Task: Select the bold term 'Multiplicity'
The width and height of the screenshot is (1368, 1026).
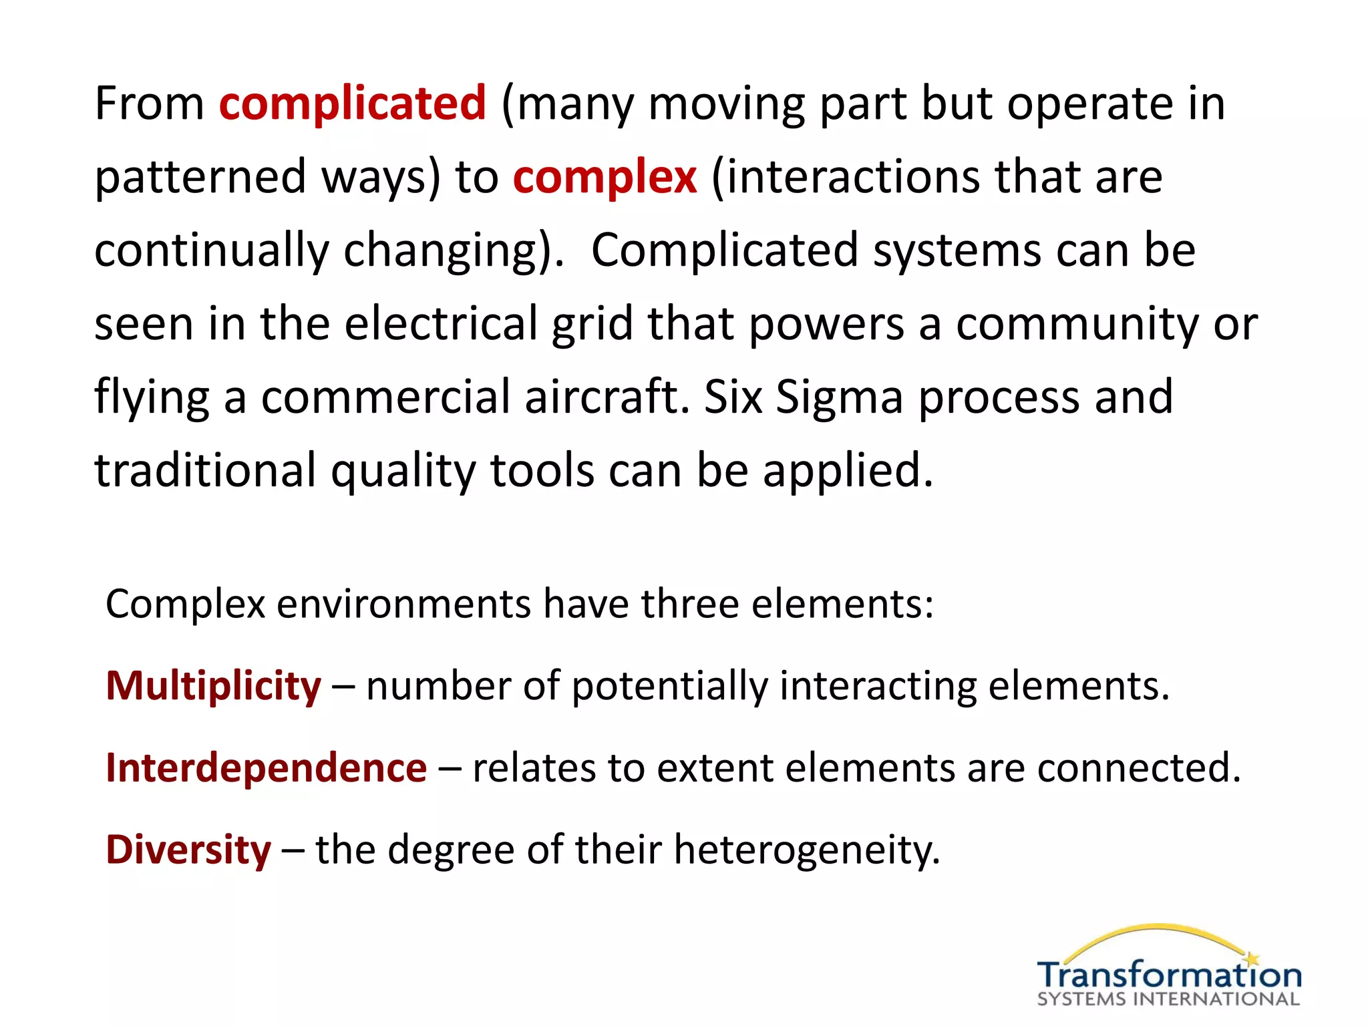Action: [214, 686]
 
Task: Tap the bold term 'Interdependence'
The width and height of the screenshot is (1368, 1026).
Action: [267, 767]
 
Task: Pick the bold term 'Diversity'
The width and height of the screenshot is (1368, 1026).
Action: [189, 850]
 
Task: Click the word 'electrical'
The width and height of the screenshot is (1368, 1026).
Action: [441, 324]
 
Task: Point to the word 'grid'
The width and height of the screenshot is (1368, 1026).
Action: [592, 324]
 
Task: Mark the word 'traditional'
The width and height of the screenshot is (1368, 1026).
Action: [205, 470]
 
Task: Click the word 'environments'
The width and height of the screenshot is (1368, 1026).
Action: [403, 604]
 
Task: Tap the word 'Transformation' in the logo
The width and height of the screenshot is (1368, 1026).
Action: [1169, 975]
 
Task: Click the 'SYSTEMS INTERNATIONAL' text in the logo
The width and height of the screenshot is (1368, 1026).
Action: [1169, 999]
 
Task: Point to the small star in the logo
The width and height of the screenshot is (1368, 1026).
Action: [1252, 959]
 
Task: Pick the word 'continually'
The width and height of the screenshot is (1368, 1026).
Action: [212, 250]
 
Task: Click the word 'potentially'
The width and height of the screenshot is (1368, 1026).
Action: [669, 686]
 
